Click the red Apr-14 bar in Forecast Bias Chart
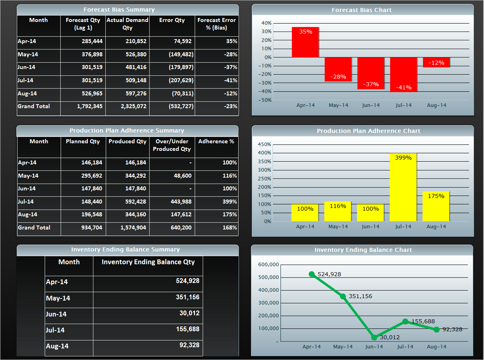click(305, 42)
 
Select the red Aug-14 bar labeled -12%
click(436, 62)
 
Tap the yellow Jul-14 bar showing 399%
click(403, 187)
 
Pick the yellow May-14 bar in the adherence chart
click(338, 212)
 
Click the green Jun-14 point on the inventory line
click(374, 337)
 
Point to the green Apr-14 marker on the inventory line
click(312, 274)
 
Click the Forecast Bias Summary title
click(119, 10)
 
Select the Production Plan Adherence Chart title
click(368, 131)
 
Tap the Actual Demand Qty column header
click(127, 24)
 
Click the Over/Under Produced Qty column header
click(172, 145)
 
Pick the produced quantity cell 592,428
click(127, 202)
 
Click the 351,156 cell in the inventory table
click(187, 297)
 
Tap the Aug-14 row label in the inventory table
click(57, 346)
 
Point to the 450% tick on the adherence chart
click(265, 144)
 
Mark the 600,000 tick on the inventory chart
click(267, 265)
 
